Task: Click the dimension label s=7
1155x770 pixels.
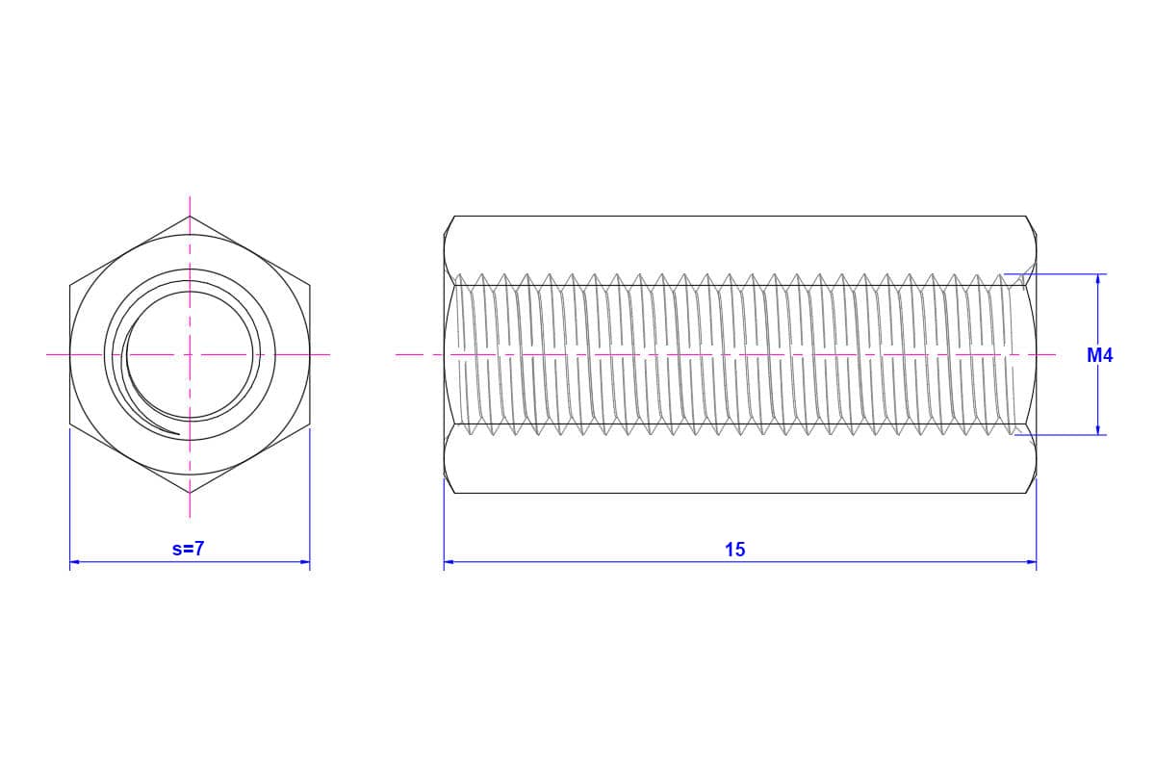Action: pyautogui.click(x=189, y=549)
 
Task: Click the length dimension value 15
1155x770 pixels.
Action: pyautogui.click(x=735, y=550)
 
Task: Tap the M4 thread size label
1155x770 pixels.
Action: pyautogui.click(x=1100, y=355)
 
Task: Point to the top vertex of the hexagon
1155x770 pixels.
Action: pyautogui.click(x=190, y=217)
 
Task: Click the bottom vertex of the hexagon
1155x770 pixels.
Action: pyautogui.click(x=190, y=493)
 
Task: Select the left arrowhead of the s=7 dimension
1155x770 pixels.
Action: pyautogui.click(x=75, y=562)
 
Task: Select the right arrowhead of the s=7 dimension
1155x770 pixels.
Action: pyautogui.click(x=304, y=562)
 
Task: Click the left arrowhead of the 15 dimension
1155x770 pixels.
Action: pyautogui.click(x=449, y=562)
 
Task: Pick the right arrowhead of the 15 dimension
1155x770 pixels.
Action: pyautogui.click(x=1031, y=562)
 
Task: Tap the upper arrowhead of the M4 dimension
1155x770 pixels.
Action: pyautogui.click(x=1098, y=279)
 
